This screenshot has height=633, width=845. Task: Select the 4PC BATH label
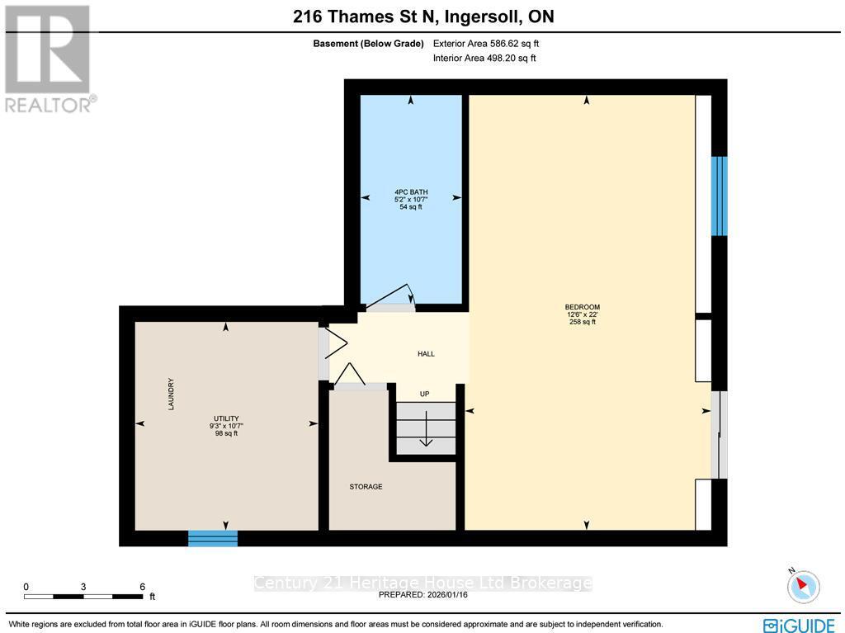(410, 191)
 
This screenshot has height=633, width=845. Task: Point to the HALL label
(426, 354)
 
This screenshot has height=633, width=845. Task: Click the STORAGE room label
(366, 487)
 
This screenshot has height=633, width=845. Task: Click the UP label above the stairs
(425, 394)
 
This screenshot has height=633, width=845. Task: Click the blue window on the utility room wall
(213, 538)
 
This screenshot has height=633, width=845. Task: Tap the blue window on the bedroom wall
(720, 196)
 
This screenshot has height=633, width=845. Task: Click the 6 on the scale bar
(142, 586)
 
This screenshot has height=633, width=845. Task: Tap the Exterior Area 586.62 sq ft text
(485, 44)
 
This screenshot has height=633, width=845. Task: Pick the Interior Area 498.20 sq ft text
(484, 58)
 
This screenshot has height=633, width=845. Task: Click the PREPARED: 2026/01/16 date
(422, 594)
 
